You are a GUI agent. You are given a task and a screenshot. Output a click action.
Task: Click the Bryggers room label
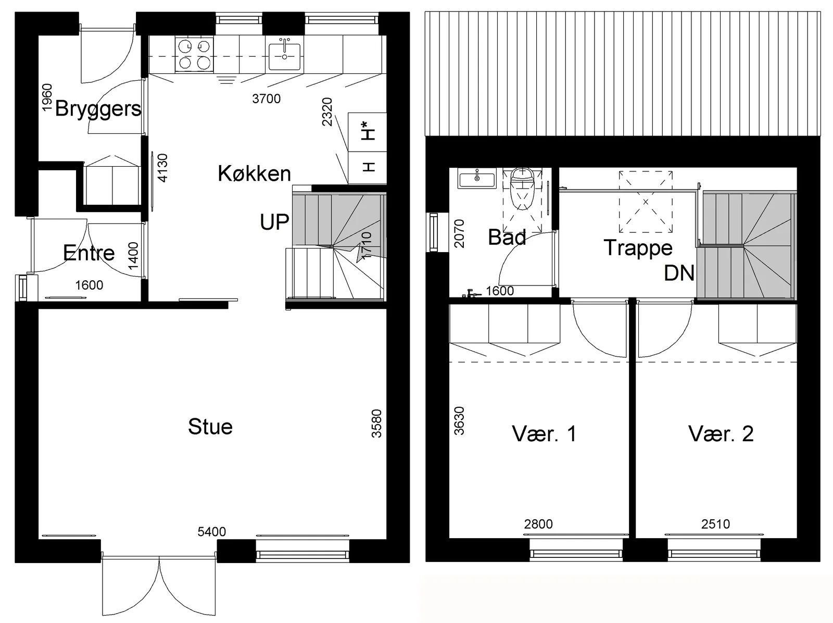98,109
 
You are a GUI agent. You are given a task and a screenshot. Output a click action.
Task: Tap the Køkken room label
254,173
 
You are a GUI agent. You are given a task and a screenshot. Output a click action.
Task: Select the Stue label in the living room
210,426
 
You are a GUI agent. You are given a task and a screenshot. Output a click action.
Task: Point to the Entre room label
89,253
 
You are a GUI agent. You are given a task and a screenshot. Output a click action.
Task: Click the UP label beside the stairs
274,222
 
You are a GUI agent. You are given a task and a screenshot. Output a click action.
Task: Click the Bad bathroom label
507,237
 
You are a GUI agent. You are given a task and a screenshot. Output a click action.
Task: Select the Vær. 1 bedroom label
544,433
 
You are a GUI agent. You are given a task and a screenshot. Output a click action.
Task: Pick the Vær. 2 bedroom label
721,433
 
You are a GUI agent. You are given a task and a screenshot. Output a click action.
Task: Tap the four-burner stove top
194,54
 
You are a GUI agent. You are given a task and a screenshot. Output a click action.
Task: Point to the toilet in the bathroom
522,189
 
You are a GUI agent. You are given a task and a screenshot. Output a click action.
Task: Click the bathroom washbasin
477,179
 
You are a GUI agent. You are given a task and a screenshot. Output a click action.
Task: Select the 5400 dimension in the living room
211,531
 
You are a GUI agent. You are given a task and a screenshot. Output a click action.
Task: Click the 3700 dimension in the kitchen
267,98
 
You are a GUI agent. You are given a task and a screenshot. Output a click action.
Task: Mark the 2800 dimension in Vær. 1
538,524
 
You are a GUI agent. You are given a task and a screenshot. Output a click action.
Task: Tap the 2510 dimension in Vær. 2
715,524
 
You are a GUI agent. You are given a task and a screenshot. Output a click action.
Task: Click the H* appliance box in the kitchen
367,132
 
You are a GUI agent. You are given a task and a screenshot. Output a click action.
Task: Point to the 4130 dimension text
162,168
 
